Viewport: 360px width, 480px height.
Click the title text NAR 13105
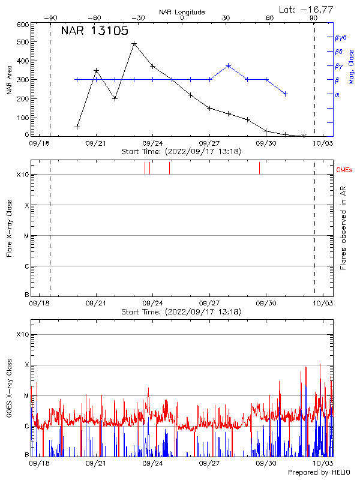(x=94, y=31)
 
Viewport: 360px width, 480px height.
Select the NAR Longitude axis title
(x=182, y=12)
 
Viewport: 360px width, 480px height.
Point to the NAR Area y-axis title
(x=9, y=80)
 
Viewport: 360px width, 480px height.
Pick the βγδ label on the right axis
(x=340, y=37)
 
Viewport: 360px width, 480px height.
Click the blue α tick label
(x=337, y=94)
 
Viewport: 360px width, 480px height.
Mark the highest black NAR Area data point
(x=134, y=44)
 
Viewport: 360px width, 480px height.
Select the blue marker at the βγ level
(x=229, y=65)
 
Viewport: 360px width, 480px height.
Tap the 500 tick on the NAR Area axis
(x=23, y=43)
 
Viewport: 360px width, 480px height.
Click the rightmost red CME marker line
(x=259, y=168)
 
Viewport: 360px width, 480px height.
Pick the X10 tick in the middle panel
(x=23, y=175)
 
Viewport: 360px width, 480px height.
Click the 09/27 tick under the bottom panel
(x=209, y=463)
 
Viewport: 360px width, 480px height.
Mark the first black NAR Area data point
(x=77, y=127)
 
